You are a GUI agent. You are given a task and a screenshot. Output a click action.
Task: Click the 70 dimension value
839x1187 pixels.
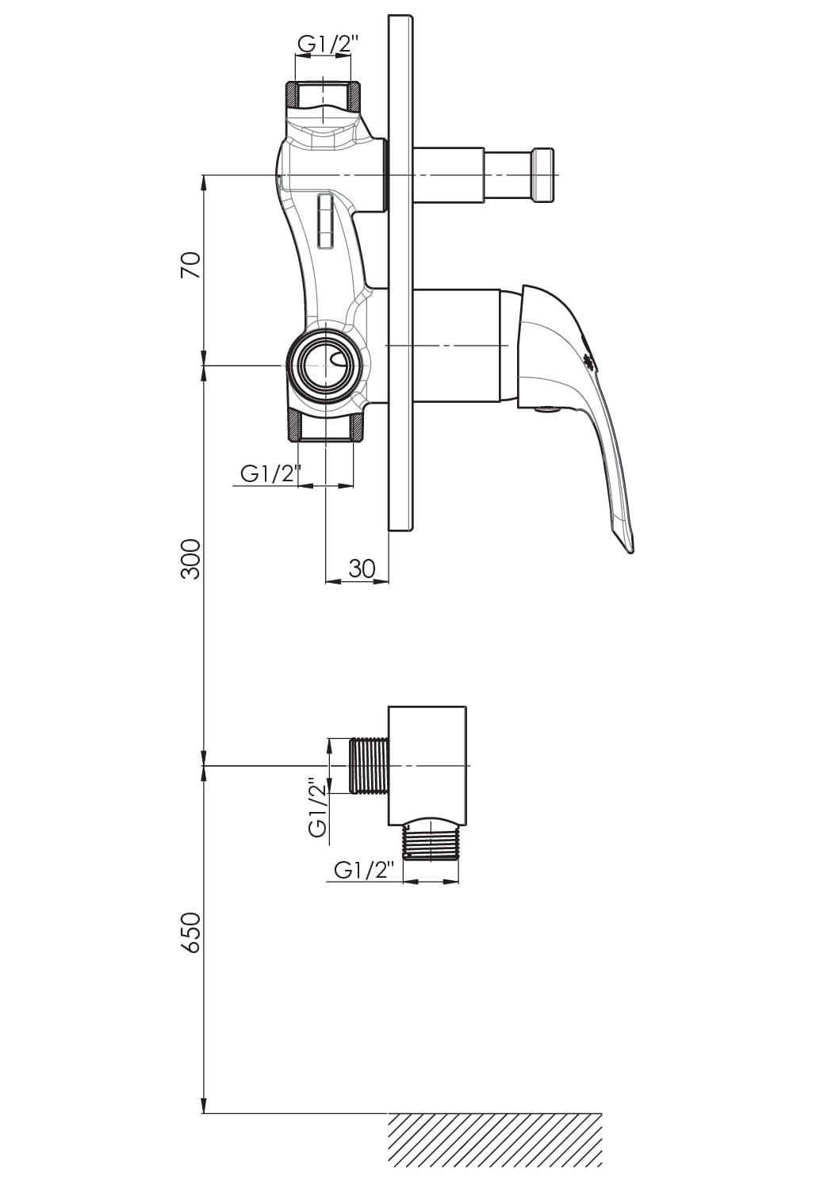[191, 265]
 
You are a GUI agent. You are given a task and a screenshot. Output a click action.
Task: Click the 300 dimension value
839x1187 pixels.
[191, 559]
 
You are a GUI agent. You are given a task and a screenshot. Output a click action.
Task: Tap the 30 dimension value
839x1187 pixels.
[362, 568]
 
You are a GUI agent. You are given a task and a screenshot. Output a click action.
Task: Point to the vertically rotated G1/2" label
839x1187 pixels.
[319, 807]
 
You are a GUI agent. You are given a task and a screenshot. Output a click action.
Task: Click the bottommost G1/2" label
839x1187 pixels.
[365, 870]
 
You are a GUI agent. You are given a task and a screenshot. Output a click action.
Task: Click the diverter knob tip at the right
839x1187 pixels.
[544, 175]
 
